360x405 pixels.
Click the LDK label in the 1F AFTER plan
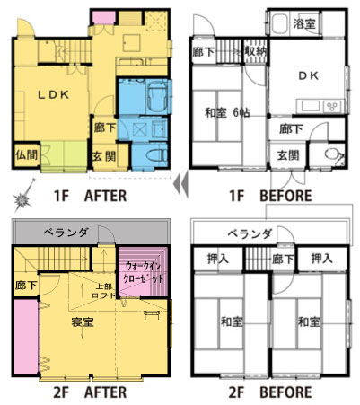pos(53,95)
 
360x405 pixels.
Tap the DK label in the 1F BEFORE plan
pos(309,76)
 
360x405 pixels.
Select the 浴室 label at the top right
pos(304,23)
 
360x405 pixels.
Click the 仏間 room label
pos(26,155)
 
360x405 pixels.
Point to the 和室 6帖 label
pos(227,113)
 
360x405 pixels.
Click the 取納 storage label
pos(255,51)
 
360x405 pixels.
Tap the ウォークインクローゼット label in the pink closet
pos(144,272)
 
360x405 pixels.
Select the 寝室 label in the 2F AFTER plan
pos(83,322)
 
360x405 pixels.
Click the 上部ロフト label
pos(103,291)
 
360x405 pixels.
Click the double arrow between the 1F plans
pos(181,184)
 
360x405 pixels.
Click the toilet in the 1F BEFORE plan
pos(333,154)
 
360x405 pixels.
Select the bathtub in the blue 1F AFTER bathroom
pos(158,97)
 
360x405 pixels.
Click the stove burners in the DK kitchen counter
pos(332,106)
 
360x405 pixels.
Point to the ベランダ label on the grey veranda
pos(66,232)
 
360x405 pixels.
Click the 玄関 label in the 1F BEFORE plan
pos(287,155)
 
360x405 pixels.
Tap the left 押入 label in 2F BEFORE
pos(218,259)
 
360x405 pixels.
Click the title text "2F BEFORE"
pos(270,392)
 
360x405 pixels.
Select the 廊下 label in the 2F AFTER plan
pos(26,286)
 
